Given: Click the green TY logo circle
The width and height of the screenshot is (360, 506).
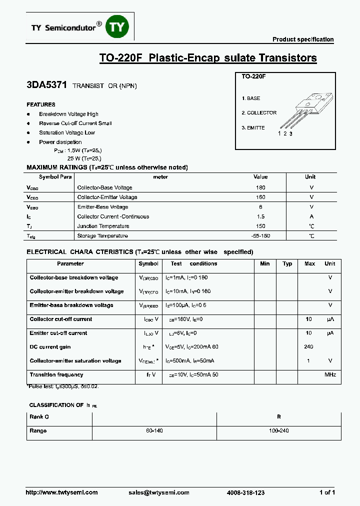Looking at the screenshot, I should click(x=116, y=28).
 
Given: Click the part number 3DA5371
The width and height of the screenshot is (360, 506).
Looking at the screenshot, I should click(x=46, y=85).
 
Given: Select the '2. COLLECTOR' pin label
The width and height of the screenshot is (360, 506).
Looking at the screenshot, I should click(x=258, y=113).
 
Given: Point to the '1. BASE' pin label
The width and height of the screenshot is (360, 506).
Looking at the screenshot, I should click(x=250, y=98).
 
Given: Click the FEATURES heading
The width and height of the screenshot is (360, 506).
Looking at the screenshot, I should click(x=41, y=105).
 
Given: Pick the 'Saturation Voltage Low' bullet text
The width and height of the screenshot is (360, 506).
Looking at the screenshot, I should click(x=67, y=133).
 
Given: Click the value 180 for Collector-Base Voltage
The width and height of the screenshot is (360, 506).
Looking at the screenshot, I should click(x=260, y=187).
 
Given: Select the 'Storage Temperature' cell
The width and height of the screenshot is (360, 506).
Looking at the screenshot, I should click(x=102, y=236).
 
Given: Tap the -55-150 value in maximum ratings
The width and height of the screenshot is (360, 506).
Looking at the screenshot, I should click(x=260, y=236).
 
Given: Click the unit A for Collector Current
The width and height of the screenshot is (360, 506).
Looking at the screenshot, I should click(x=311, y=216).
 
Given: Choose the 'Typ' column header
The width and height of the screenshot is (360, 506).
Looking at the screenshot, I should click(x=287, y=264).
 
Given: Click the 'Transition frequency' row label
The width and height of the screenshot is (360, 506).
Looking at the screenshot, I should click(x=56, y=375).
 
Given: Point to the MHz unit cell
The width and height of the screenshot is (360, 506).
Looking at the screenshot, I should click(x=330, y=375).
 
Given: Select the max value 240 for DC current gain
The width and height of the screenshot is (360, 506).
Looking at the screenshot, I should click(x=308, y=347).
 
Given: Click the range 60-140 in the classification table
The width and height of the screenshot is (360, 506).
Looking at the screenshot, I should click(x=154, y=431).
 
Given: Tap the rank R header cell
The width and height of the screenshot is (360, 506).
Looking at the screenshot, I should click(x=278, y=416).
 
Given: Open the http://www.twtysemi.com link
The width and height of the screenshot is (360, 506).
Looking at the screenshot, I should click(x=61, y=492).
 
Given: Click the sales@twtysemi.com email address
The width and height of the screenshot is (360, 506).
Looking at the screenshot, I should click(x=158, y=492).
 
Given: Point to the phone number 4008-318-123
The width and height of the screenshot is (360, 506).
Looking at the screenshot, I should click(x=245, y=492).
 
